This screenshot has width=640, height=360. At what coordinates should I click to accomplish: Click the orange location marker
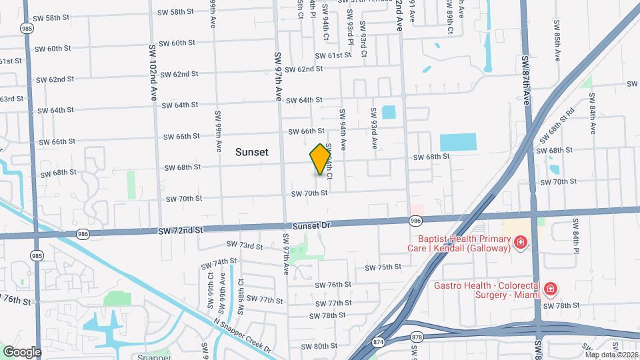click(321, 159)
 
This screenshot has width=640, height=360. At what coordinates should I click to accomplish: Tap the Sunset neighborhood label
click(252, 152)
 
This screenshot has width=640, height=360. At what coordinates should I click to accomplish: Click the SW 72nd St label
click(180, 231)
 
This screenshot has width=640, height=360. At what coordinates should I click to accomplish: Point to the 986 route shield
click(415, 220)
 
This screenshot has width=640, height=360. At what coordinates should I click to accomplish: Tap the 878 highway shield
click(417, 337)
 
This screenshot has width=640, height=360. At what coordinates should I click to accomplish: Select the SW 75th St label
click(383, 267)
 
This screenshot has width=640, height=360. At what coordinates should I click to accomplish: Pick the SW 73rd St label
click(245, 246)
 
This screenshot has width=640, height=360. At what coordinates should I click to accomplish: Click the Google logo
click(22, 351)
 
